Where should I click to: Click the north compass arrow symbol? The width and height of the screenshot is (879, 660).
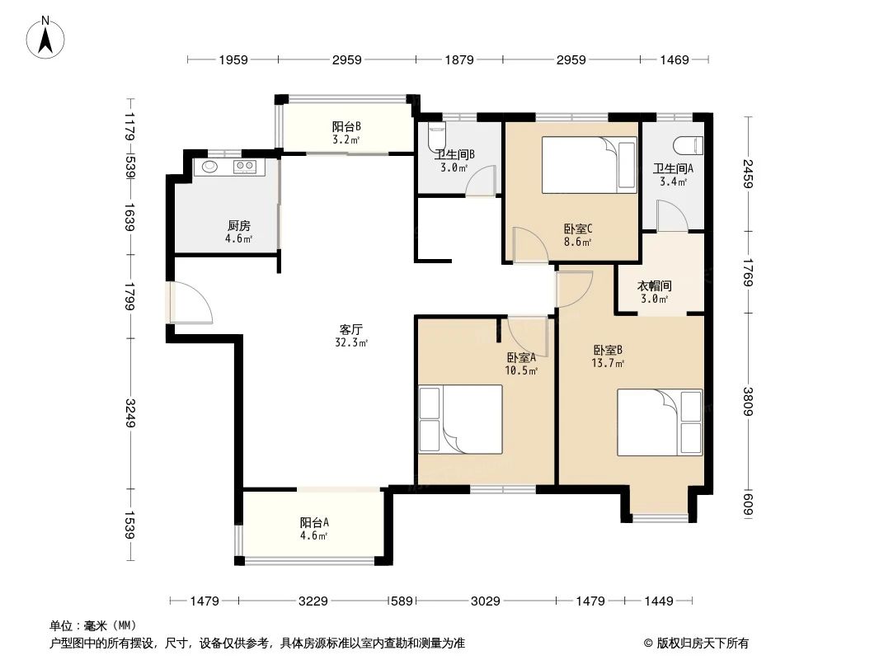pyautogui.click(x=47, y=38)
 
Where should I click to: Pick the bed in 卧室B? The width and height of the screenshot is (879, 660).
pyautogui.click(x=660, y=422)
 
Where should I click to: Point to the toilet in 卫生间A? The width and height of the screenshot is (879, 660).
pyautogui.click(x=687, y=146)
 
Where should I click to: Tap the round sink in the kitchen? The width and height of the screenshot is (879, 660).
pyautogui.click(x=209, y=167)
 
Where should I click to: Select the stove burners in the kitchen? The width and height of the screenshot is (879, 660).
pyautogui.click(x=246, y=167)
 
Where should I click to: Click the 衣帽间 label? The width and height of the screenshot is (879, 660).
pyautogui.click(x=656, y=286)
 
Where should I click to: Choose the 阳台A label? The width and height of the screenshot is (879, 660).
pyautogui.click(x=314, y=522)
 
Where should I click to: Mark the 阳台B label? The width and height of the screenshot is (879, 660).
pyautogui.click(x=346, y=127)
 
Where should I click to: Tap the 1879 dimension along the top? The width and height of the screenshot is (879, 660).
pyautogui.click(x=459, y=59)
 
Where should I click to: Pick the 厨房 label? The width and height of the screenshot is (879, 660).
pyautogui.click(x=239, y=225)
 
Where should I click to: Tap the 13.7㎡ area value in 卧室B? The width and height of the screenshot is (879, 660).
pyautogui.click(x=609, y=363)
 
